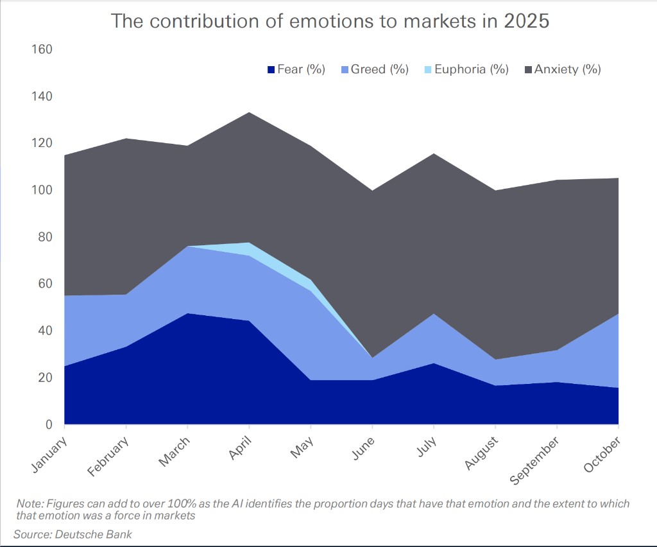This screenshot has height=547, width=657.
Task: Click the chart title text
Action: point(330,21)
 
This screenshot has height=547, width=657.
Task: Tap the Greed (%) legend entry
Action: point(379,69)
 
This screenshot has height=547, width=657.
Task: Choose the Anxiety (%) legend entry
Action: point(563,69)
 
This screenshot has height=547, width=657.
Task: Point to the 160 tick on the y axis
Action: point(42,49)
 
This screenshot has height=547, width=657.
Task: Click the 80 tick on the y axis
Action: point(44,237)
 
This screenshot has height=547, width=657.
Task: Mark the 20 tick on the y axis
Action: point(44,378)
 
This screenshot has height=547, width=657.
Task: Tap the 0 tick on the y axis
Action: point(48,424)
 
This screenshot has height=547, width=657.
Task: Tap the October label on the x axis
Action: point(602,455)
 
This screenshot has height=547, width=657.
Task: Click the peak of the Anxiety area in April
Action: point(249,113)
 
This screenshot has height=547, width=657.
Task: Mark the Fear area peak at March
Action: point(187,314)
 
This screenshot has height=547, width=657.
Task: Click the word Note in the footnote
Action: point(28,503)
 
